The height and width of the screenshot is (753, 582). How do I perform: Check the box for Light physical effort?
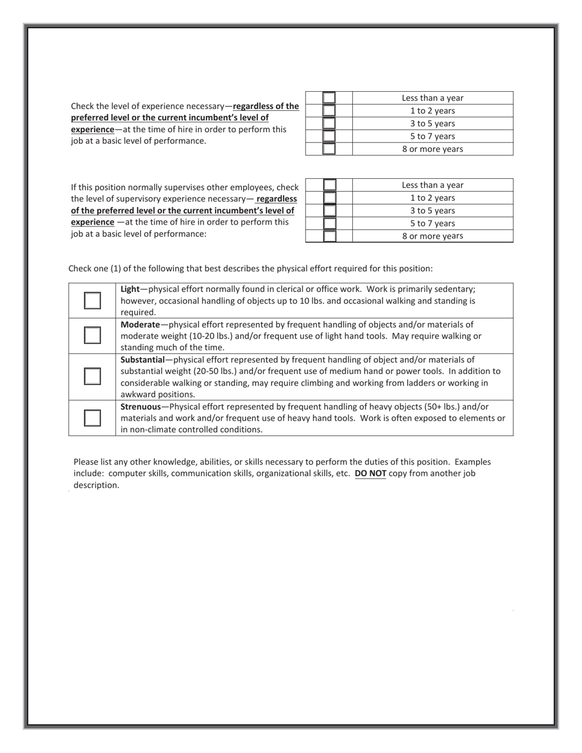click(x=92, y=301)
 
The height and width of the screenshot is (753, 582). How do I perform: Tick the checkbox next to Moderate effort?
click(x=92, y=335)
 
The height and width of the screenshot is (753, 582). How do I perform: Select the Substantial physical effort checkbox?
click(x=92, y=376)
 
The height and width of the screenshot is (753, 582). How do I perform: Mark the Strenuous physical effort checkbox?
click(x=92, y=418)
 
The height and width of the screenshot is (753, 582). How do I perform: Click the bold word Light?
click(x=130, y=289)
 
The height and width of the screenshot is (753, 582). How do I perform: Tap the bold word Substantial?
click(x=142, y=359)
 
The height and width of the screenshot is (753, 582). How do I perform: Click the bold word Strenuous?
click(x=140, y=406)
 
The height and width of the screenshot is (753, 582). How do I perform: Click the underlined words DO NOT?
click(x=370, y=473)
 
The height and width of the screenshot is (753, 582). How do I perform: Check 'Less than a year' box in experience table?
click(x=329, y=98)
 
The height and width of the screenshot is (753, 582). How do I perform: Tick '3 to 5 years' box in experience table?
click(x=329, y=124)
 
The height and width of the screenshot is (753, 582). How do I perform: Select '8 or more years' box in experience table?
click(x=329, y=149)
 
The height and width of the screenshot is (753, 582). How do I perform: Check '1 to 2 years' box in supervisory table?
click(x=329, y=198)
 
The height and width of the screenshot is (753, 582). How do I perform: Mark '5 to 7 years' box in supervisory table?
click(x=329, y=223)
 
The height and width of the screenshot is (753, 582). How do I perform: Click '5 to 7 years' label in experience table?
click(x=433, y=137)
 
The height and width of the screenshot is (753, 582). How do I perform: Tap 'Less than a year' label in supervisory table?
click(x=433, y=185)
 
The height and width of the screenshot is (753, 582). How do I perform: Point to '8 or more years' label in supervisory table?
click(x=433, y=236)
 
